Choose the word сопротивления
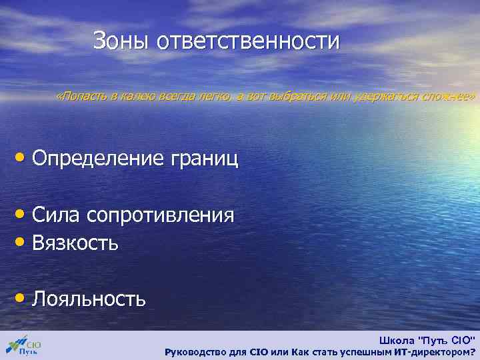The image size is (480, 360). (x=159, y=216)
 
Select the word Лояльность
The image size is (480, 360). (x=89, y=298)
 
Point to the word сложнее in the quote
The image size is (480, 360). (x=450, y=97)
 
